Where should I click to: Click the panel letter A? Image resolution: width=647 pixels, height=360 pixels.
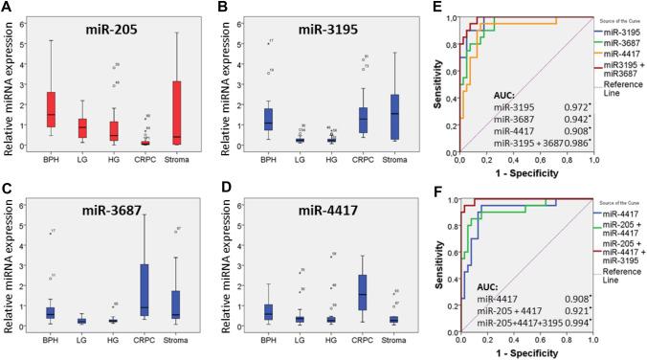tap(7, 8)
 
